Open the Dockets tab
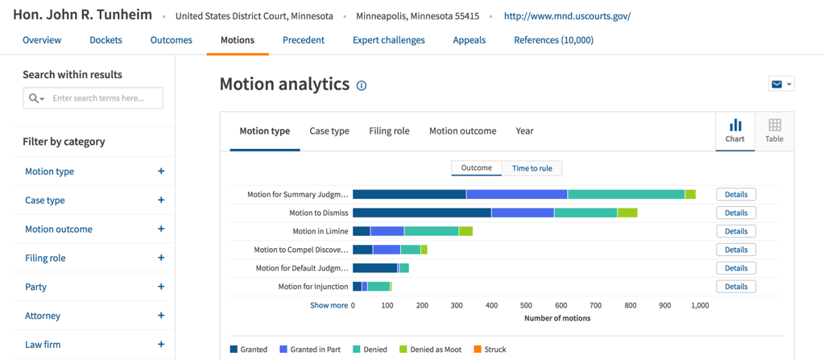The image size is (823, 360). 105,40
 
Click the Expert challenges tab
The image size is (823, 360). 388,40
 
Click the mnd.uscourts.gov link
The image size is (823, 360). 567,16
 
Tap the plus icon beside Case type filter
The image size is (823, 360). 161,201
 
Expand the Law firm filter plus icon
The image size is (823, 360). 161,345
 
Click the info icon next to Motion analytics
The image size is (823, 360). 362,85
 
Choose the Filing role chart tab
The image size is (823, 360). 389,131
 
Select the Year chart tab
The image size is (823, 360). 524,131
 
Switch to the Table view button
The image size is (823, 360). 774,130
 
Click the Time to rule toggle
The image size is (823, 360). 532,168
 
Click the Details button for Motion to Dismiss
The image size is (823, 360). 735,213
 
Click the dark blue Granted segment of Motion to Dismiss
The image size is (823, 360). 422,213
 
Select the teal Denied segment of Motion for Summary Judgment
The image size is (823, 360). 626,194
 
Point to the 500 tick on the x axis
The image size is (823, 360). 526,306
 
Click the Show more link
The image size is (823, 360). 329,306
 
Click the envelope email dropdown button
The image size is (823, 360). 781,85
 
